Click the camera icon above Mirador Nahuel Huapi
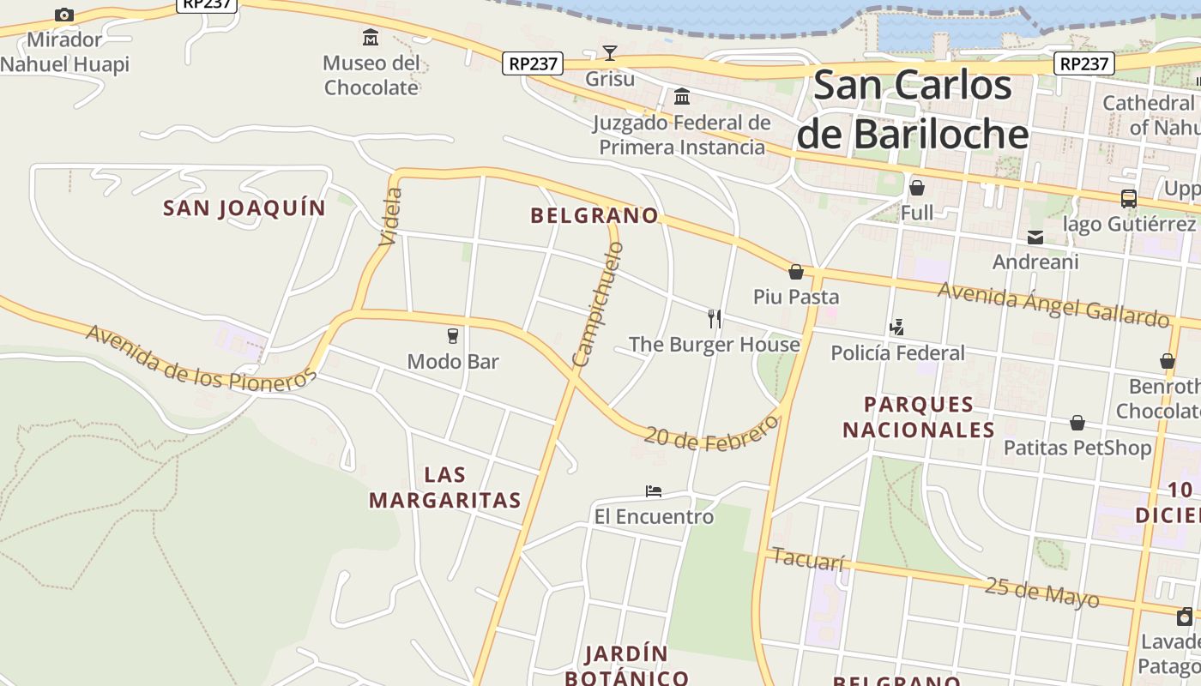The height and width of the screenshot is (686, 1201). pyautogui.click(x=64, y=15)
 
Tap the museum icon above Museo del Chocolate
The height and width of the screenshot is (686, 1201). pyautogui.click(x=371, y=37)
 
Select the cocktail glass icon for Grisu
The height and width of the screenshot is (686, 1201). pyautogui.click(x=610, y=53)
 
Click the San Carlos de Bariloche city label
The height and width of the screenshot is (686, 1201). pyautogui.click(x=912, y=109)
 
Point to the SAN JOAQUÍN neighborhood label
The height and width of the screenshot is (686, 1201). pyautogui.click(x=244, y=208)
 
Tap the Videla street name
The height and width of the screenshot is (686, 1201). pyautogui.click(x=390, y=216)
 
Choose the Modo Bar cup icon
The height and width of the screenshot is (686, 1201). pyautogui.click(x=453, y=335)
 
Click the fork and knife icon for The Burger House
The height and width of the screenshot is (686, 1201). pyautogui.click(x=715, y=319)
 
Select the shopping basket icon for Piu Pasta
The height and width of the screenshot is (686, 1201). pyautogui.click(x=796, y=272)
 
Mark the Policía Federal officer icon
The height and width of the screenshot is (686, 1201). pyautogui.click(x=897, y=327)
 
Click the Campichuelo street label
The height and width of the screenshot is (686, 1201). pyautogui.click(x=598, y=304)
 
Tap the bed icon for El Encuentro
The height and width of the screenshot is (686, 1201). pyautogui.click(x=654, y=491)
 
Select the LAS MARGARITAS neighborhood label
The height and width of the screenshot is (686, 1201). pyautogui.click(x=445, y=487)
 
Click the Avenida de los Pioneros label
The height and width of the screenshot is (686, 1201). pyautogui.click(x=202, y=358)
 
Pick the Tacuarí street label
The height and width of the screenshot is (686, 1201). pyautogui.click(x=808, y=559)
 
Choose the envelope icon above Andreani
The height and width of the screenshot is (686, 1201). pyautogui.click(x=1035, y=238)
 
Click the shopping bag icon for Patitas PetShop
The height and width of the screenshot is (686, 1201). pyautogui.click(x=1077, y=423)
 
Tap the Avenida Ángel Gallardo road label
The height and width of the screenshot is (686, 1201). pyautogui.click(x=1053, y=304)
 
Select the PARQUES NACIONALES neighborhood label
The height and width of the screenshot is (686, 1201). pyautogui.click(x=919, y=417)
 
